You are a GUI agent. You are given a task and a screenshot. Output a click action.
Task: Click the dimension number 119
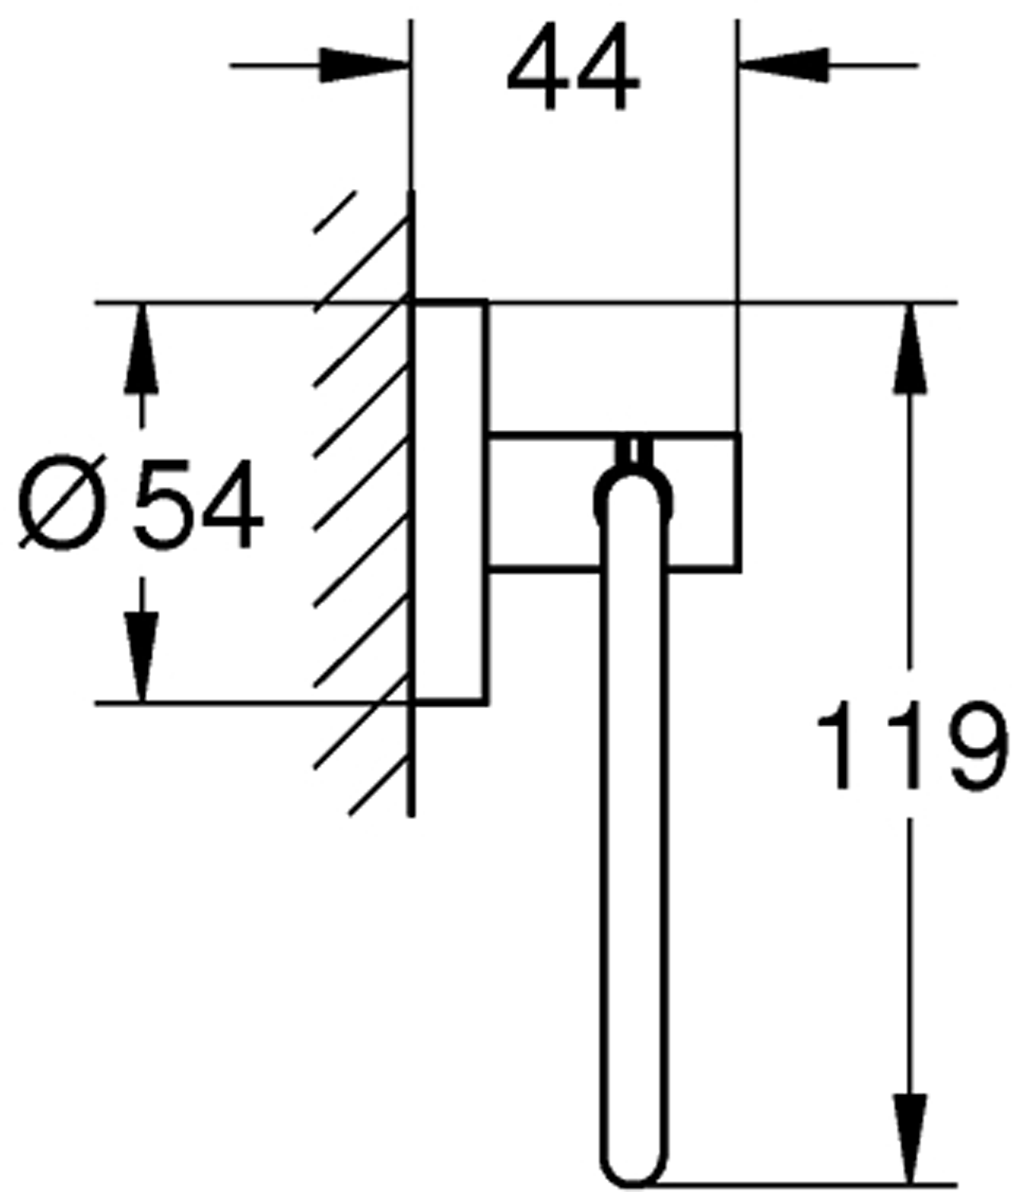(x=911, y=745)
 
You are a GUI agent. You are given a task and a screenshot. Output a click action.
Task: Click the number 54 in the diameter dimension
(x=198, y=504)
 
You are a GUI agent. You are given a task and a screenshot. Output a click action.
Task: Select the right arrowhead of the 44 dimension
(x=784, y=65)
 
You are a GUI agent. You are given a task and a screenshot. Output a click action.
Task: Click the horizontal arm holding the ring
(x=541, y=502)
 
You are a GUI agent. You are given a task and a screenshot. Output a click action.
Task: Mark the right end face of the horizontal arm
(x=739, y=502)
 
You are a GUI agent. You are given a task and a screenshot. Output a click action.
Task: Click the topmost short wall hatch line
(x=335, y=212)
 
